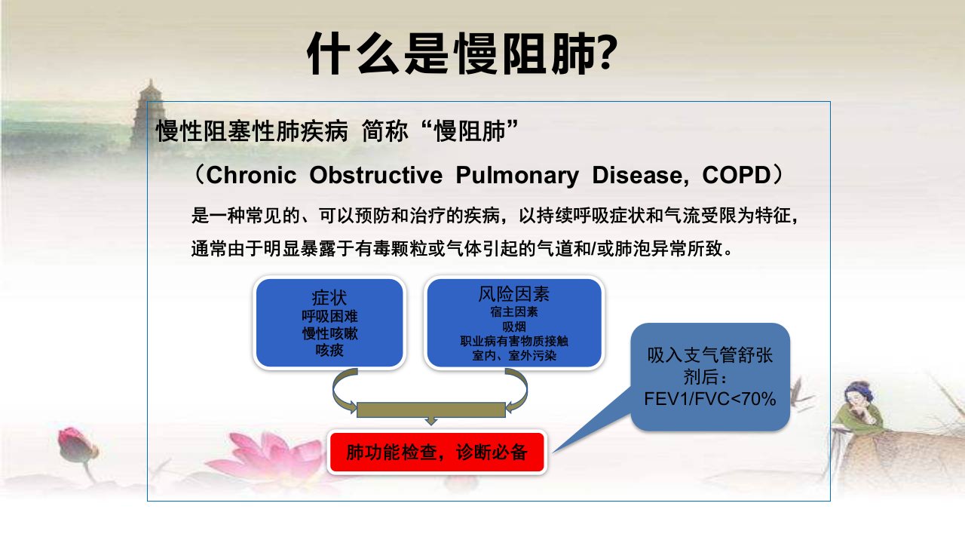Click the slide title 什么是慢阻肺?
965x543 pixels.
463,54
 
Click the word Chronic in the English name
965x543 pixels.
252,175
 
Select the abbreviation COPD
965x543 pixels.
737,175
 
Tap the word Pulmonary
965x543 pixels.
517,176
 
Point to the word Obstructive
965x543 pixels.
375,175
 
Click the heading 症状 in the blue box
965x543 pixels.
329,298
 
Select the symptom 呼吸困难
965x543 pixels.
329,316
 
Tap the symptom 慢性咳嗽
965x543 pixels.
329,333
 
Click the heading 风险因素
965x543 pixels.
514,294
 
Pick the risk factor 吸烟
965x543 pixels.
514,327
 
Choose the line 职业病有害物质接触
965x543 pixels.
514,341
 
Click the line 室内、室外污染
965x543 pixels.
514,355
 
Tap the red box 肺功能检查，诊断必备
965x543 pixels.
437,452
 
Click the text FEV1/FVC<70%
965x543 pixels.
710,399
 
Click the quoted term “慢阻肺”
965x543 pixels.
470,130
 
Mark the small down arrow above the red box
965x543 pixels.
430,421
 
